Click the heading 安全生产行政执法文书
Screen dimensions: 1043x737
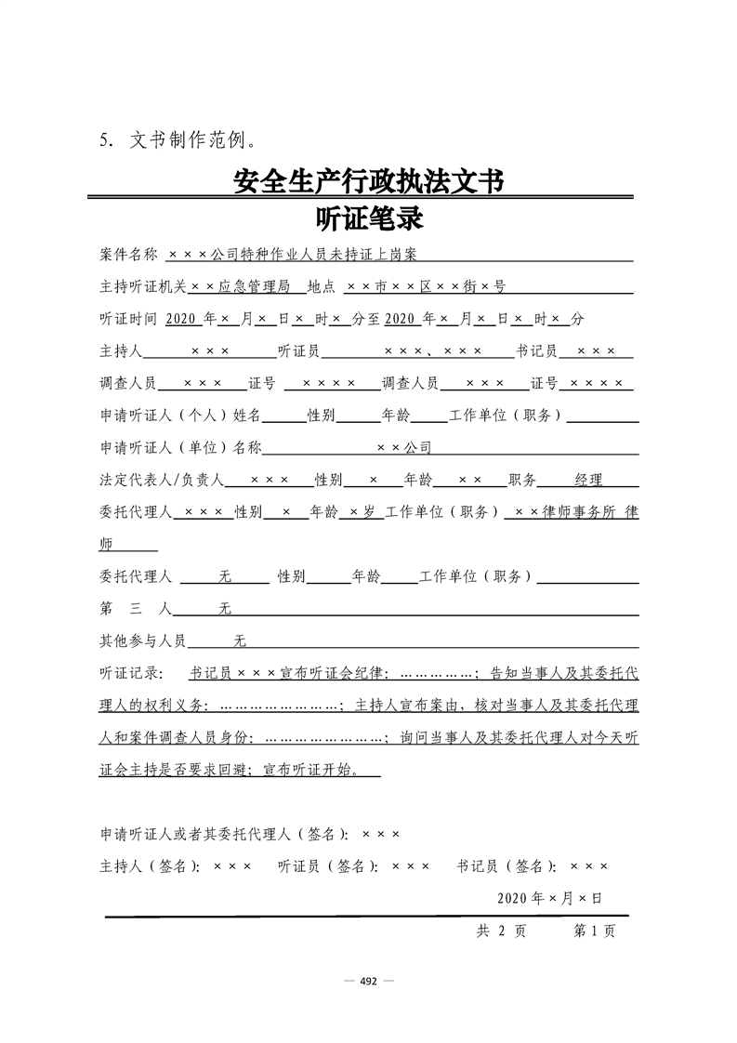368,182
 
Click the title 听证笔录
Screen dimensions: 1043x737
369,219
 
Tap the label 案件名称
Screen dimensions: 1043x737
129,254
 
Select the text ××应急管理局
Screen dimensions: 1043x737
241,287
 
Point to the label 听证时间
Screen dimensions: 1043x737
129,319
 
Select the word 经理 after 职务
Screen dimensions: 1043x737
588,481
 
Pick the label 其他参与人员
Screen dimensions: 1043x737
142,641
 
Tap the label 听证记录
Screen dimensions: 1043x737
131,673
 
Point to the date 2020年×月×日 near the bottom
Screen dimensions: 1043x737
549,898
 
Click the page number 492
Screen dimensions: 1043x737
368,981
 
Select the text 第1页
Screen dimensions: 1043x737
594,931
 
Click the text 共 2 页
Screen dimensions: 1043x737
501,931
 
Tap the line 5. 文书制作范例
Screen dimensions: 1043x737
177,141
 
